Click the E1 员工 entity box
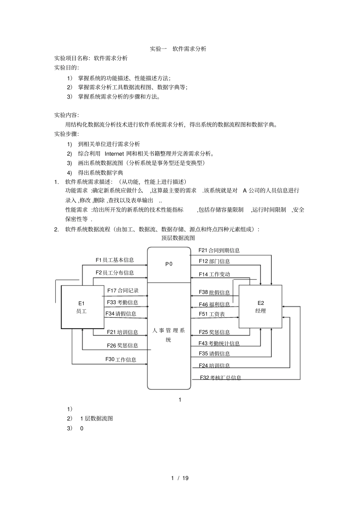pyautogui.click(x=82, y=307)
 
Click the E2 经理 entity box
pyautogui.click(x=260, y=306)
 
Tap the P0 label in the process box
pyautogui.click(x=169, y=264)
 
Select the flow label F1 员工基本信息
pyautogui.click(x=115, y=260)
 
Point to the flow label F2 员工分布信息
pyautogui.click(x=115, y=273)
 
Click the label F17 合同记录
pyautogui.click(x=123, y=291)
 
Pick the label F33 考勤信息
pyautogui.click(x=122, y=303)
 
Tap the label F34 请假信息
pyautogui.click(x=121, y=314)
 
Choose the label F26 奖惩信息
pyautogui.click(x=122, y=345)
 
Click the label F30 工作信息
pyautogui.click(x=121, y=359)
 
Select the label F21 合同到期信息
pyautogui.click(x=219, y=250)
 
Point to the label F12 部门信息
pyautogui.click(x=214, y=261)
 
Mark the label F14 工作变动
pyautogui.click(x=214, y=274)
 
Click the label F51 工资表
pyautogui.click(x=212, y=314)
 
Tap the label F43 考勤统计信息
pyautogui.click(x=219, y=344)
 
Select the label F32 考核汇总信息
pyautogui.click(x=221, y=378)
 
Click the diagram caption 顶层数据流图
pyautogui.click(x=178, y=238)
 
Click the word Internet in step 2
pyautogui.click(x=114, y=154)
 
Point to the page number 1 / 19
pyautogui.click(x=180, y=478)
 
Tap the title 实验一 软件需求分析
pyautogui.click(x=178, y=49)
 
